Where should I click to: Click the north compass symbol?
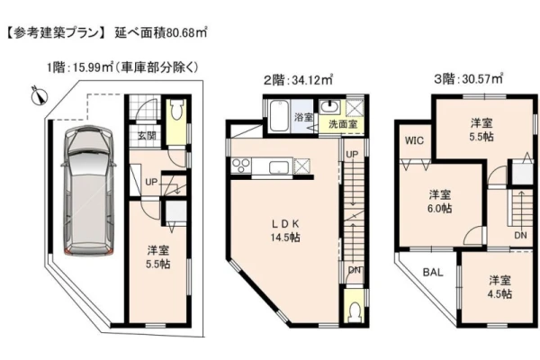tap(40, 95)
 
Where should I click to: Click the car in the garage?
tap(87, 192)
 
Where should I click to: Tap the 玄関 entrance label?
tap(147, 135)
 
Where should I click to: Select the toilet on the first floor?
tap(176, 111)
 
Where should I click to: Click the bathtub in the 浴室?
tap(278, 116)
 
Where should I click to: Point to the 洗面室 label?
tap(342, 124)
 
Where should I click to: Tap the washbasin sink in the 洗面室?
tap(329, 107)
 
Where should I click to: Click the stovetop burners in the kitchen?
tap(241, 166)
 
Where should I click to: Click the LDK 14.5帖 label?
tap(284, 230)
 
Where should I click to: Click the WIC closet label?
tap(414, 140)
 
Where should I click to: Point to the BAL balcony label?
tap(433, 273)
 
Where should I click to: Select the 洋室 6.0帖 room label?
tap(440, 202)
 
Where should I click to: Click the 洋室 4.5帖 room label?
tap(500, 287)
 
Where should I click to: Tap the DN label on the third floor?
tap(521, 236)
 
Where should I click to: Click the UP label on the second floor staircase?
tap(352, 154)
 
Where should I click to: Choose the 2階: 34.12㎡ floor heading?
tap(298, 80)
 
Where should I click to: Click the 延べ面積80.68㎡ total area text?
tap(161, 33)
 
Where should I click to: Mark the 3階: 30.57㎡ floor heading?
tap(468, 79)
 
